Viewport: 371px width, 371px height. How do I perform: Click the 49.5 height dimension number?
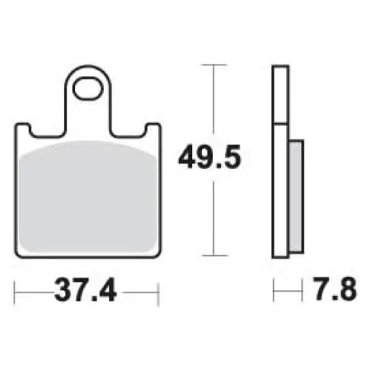click(209, 157)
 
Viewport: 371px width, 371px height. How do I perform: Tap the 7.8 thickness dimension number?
click(335, 289)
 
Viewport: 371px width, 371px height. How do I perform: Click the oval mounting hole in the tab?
click(88, 90)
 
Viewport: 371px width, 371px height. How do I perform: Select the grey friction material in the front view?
click(88, 197)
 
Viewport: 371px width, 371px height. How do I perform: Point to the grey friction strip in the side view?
click(296, 197)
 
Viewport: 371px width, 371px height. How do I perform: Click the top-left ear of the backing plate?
click(23, 129)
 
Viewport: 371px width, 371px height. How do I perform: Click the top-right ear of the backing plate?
click(153, 129)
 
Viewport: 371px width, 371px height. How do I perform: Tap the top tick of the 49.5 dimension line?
click(214, 65)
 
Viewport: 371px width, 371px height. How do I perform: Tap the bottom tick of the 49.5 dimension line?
click(214, 255)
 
